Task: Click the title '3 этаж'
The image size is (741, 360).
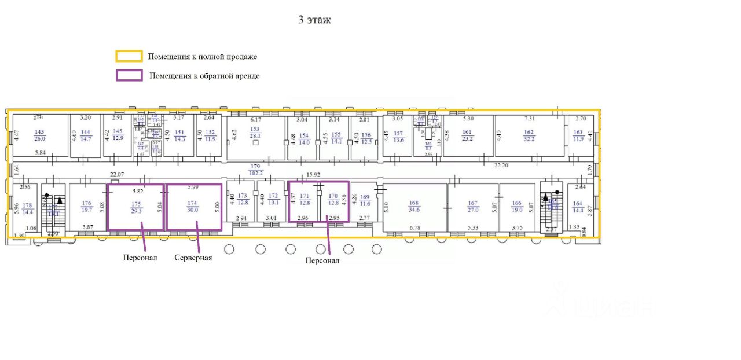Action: tap(314, 20)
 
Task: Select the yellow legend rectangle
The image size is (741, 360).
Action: tap(129, 56)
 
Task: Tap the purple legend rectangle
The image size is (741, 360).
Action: tap(129, 75)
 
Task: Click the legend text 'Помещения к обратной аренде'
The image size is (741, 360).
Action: tap(204, 76)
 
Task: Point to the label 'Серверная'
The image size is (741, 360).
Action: tap(193, 258)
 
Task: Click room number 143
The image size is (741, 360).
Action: tap(39, 132)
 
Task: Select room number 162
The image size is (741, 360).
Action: tap(529, 133)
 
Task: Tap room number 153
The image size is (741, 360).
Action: tap(255, 129)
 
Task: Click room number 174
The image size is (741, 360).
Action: tap(192, 203)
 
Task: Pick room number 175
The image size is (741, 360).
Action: tap(136, 203)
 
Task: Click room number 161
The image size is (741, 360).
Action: tap(467, 133)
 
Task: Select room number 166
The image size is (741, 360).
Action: tap(517, 203)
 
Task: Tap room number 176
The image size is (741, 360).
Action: tap(86, 203)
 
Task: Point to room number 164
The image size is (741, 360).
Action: tap(577, 203)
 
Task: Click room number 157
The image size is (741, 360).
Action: tap(398, 133)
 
